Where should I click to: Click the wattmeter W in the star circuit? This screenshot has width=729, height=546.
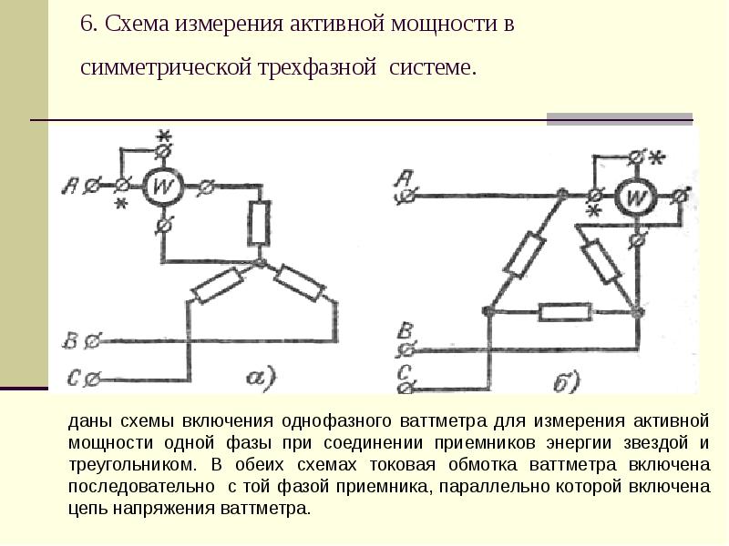tap(164, 187)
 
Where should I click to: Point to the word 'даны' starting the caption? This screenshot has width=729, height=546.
tap(87, 421)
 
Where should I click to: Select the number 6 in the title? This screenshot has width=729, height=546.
tap(87, 25)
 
